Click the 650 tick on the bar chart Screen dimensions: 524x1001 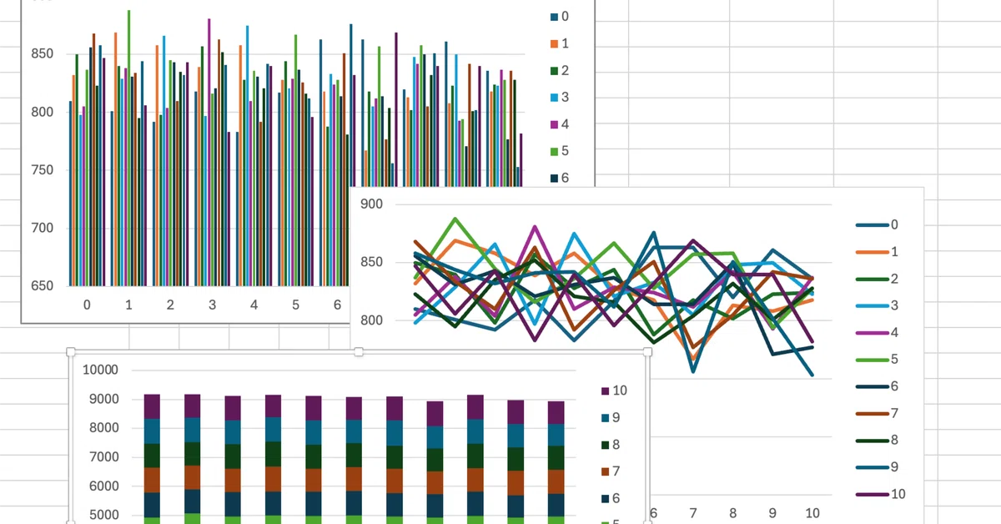(41, 285)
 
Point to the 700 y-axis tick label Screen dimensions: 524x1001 (41, 228)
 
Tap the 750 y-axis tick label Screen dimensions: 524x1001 (41, 170)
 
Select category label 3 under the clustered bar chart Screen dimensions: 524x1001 (212, 305)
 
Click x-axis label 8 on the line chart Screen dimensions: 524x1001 (732, 512)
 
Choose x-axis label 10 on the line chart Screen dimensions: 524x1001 (812, 512)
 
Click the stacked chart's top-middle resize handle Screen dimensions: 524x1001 (360, 352)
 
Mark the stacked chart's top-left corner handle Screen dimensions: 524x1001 (71, 352)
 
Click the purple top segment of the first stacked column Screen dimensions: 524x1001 (152, 406)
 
